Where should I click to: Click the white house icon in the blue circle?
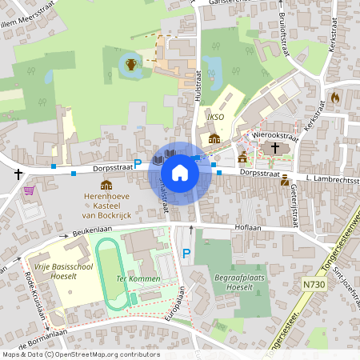pos(180,172)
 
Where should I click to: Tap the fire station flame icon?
pos(334,97)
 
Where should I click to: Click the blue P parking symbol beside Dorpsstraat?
pos(138,163)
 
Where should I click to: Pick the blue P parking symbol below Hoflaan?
pos(186,254)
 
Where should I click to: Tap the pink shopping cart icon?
pos(30,191)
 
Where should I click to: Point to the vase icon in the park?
pos(130,63)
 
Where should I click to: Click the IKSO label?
pos(214,118)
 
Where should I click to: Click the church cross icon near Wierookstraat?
pos(274,148)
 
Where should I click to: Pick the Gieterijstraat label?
pos(298,193)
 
